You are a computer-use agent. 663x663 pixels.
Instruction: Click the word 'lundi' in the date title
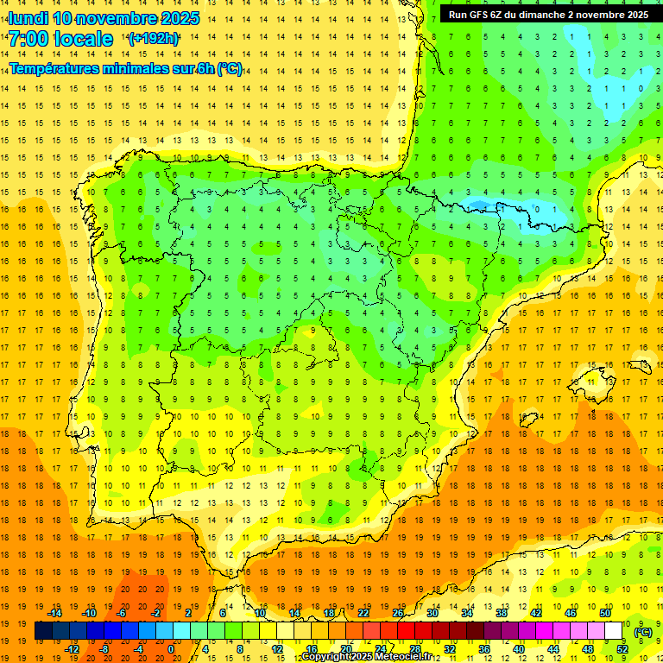tap(28, 18)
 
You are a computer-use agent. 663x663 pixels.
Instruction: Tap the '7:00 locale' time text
tap(60, 39)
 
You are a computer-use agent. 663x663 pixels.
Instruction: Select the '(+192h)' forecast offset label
tap(154, 39)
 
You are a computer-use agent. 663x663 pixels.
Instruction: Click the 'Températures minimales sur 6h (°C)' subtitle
tap(125, 69)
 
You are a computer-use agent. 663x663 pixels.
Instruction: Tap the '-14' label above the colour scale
tap(55, 613)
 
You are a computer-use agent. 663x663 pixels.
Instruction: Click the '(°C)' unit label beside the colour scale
tap(643, 632)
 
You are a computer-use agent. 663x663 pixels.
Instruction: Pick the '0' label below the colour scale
tap(171, 649)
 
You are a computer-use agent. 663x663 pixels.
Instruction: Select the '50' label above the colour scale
tap(604, 613)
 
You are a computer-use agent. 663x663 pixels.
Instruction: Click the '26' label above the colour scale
tap(398, 613)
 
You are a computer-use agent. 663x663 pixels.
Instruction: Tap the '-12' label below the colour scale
tap(73, 649)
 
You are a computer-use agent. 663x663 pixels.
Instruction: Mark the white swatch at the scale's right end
tap(614, 631)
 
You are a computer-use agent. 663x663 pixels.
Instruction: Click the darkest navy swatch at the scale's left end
tap(43, 631)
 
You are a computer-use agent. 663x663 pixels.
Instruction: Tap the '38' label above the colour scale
tap(501, 613)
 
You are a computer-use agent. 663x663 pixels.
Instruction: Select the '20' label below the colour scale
tap(345, 649)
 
